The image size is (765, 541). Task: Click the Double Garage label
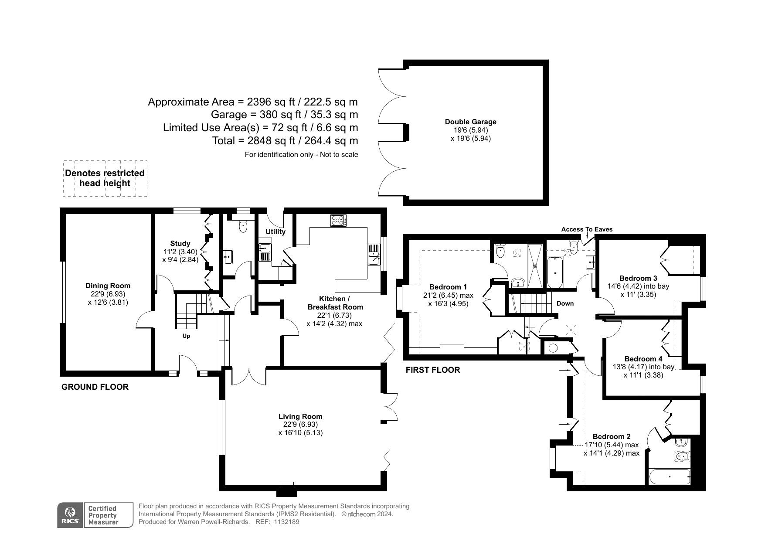(470, 122)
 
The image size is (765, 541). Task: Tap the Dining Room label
(108, 286)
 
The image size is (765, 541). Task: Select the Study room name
(180, 244)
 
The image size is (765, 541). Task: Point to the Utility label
(275, 231)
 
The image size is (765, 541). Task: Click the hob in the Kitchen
(338, 221)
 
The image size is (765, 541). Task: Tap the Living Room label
(300, 417)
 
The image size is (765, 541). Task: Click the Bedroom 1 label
(448, 287)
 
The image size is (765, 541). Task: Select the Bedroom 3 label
(638, 278)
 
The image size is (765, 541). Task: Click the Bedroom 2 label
(612, 436)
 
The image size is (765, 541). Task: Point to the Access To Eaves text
(587, 229)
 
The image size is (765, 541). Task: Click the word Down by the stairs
(565, 303)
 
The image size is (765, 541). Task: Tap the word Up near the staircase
(186, 336)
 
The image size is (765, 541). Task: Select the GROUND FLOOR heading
(95, 387)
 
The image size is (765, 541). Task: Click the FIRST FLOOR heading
(433, 370)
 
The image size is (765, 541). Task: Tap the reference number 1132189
(286, 522)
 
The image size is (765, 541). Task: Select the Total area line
(285, 141)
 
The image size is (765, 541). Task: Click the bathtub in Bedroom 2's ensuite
(670, 477)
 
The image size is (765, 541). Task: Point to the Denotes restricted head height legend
(105, 178)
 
